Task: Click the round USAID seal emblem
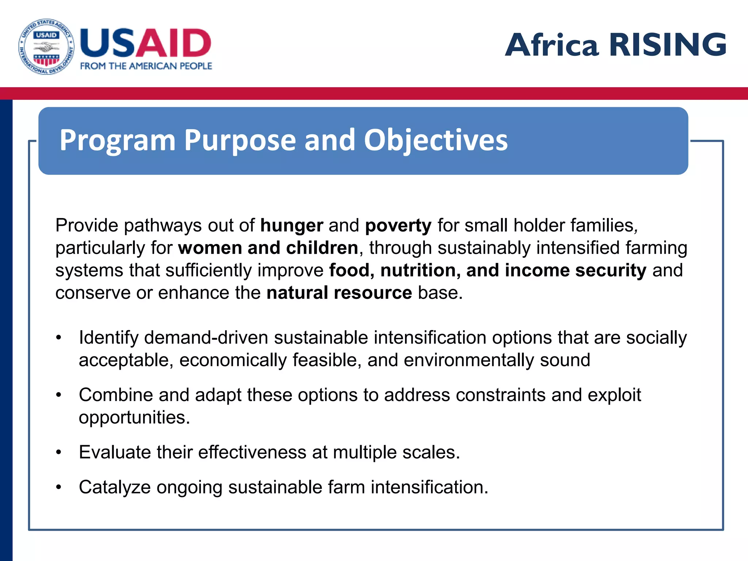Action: click(46, 47)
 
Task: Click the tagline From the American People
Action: click(146, 66)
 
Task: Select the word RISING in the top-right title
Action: click(668, 45)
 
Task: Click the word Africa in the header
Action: click(552, 45)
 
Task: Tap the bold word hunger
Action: click(291, 225)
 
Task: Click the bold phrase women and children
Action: click(268, 248)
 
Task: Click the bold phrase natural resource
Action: click(339, 293)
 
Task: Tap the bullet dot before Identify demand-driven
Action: click(59, 338)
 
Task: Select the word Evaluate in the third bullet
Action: click(115, 453)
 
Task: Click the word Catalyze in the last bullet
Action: click(115, 488)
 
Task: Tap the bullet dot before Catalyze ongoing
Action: click(59, 488)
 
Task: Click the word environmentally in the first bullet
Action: click(469, 360)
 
